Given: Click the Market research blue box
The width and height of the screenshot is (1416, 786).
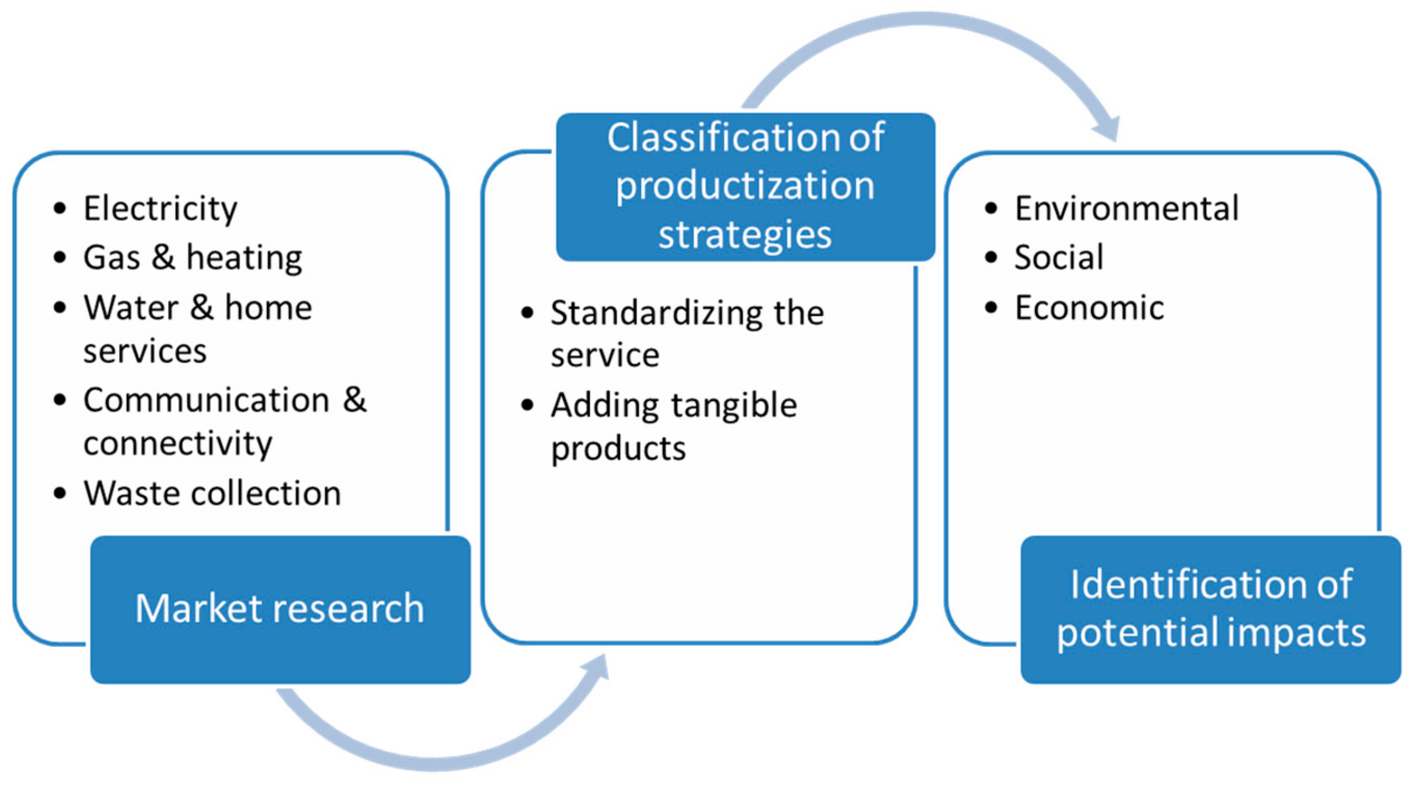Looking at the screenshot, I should click(x=280, y=609).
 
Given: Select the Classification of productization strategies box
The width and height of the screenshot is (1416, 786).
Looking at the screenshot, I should click(x=745, y=187).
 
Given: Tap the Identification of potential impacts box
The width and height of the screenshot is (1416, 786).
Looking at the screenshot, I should click(x=1211, y=609).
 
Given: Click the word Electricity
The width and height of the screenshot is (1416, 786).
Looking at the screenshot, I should click(x=160, y=209).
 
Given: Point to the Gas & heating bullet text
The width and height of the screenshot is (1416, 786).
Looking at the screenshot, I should click(x=193, y=257).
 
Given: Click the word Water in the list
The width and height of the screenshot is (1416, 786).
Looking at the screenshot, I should click(x=131, y=307).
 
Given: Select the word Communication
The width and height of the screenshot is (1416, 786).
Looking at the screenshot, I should click(x=206, y=400).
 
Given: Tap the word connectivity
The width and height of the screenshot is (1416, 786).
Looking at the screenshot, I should click(x=178, y=443).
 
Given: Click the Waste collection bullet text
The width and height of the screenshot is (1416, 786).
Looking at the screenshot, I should click(x=212, y=493).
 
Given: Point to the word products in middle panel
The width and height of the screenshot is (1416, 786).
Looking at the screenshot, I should click(x=619, y=449).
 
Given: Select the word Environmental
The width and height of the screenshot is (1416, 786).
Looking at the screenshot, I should click(x=1127, y=209).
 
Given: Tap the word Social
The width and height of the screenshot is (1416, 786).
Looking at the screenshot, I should click(x=1059, y=257).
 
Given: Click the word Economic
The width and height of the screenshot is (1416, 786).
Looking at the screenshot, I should click(x=1089, y=307).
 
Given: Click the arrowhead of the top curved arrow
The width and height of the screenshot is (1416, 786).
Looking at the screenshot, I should click(x=1108, y=131).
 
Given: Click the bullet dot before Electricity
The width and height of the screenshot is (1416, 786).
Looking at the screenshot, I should click(x=60, y=209).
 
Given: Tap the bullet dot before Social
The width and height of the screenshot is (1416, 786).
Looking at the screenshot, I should click(x=991, y=257).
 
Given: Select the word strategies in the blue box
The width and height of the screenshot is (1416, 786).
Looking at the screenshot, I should click(x=745, y=235).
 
